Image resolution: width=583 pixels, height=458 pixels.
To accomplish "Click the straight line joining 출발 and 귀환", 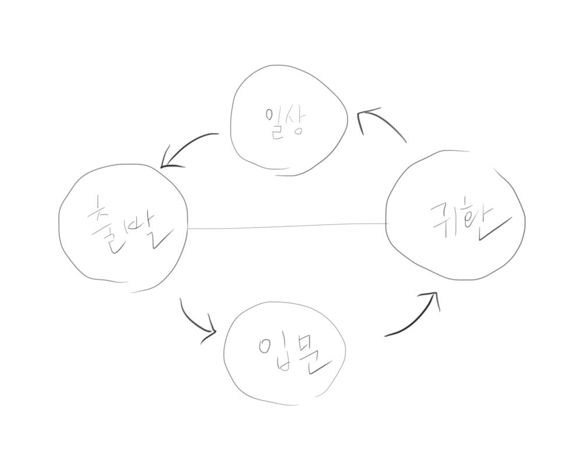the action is click(x=288, y=226).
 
